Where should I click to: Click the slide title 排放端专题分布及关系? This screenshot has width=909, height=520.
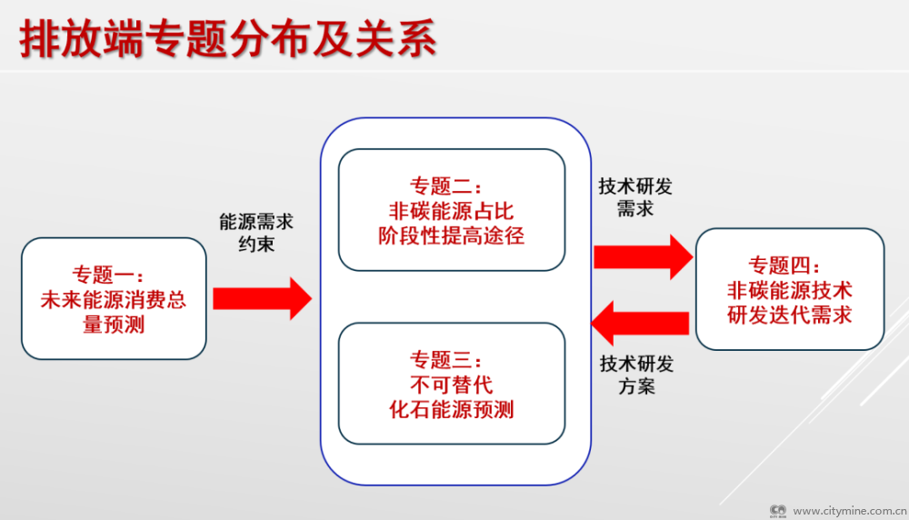pyautogui.click(x=227, y=40)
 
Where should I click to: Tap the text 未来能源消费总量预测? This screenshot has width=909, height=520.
pyautogui.click(x=114, y=312)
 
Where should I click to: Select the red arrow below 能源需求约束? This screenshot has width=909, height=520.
pyautogui.click(x=262, y=298)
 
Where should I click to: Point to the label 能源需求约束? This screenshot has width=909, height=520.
pyautogui.click(x=256, y=233)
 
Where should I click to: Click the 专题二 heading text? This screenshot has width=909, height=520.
pyautogui.click(x=452, y=186)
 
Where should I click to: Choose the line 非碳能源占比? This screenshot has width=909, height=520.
pyautogui.click(x=452, y=212)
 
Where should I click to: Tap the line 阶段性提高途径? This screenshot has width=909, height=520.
pyautogui.click(x=452, y=236)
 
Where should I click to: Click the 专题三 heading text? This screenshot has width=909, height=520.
pyautogui.click(x=452, y=359)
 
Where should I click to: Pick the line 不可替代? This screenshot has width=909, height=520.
pyautogui.click(x=452, y=384)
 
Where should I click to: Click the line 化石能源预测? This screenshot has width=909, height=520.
pyautogui.click(x=452, y=409)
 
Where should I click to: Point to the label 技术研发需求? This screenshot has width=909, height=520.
pyautogui.click(x=635, y=197)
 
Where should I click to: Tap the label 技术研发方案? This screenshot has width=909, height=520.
pyautogui.click(x=636, y=375)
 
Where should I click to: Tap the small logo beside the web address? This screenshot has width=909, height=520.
pyautogui.click(x=778, y=511)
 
